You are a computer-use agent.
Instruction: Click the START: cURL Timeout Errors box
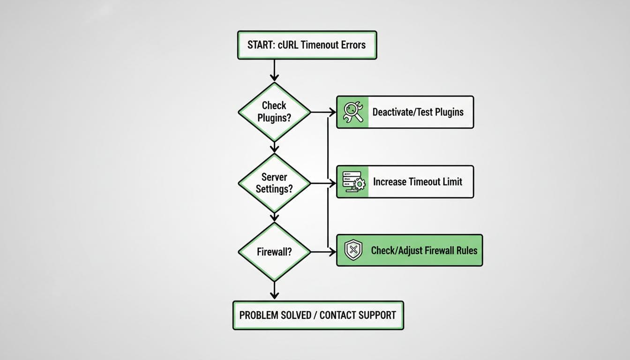[x=307, y=45]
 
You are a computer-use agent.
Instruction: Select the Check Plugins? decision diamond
[x=274, y=112]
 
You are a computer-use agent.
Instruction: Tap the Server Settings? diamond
[x=274, y=183]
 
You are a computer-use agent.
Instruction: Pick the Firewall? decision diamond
[x=274, y=252]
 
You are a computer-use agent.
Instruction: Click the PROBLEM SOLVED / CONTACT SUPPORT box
[x=318, y=315]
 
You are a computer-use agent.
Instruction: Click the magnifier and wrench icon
[x=353, y=112]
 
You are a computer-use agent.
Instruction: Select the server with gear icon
[x=353, y=181]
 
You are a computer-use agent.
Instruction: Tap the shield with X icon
[x=353, y=250]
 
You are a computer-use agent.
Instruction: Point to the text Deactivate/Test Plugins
[x=418, y=112]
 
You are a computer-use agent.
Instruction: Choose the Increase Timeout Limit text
[x=418, y=181]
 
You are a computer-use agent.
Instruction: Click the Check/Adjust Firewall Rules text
[x=424, y=250]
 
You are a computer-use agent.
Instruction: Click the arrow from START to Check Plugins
[x=274, y=70]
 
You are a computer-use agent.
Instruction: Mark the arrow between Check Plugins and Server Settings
[x=274, y=147]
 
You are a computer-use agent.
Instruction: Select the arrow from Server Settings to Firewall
[x=274, y=217]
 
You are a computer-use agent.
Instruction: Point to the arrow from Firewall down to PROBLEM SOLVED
[x=274, y=289]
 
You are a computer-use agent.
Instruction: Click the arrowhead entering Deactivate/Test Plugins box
[x=333, y=112]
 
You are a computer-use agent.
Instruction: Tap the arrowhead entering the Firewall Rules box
[x=333, y=252]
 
